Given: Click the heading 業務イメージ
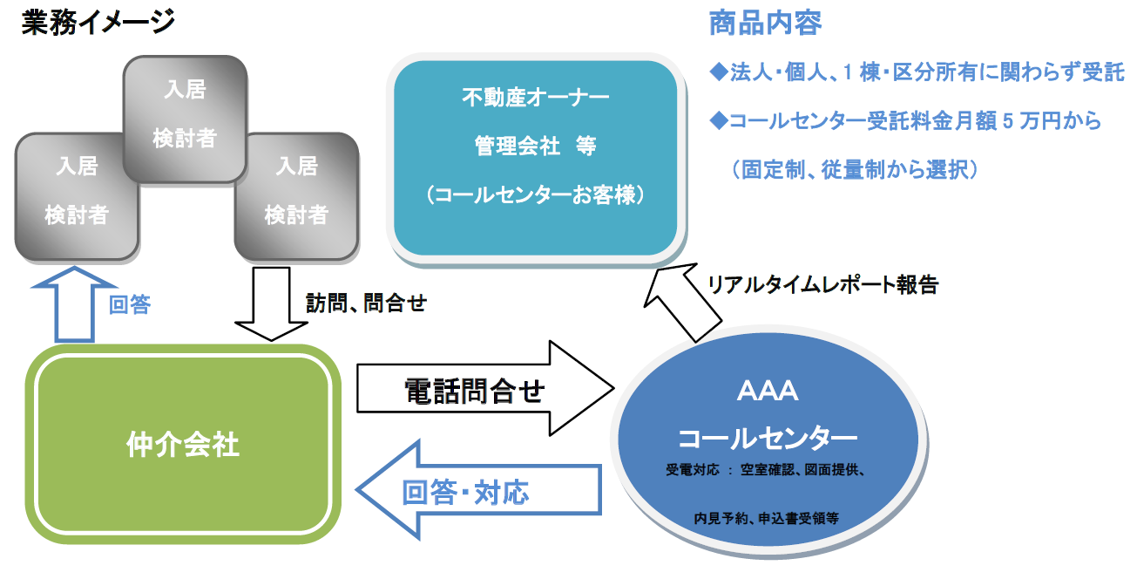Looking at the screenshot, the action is [x=98, y=23].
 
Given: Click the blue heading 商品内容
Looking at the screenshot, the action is [x=765, y=24].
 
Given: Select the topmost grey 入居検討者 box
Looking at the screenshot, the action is [x=185, y=119].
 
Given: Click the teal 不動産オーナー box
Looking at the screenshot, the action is [x=536, y=159].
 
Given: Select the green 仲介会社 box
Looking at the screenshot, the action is [x=183, y=444].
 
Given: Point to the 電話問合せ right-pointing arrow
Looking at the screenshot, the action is [x=484, y=388].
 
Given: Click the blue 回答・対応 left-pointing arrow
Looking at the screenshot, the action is [x=478, y=490].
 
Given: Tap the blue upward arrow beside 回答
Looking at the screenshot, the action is [x=74, y=304].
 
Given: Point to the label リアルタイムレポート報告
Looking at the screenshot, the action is [x=822, y=284].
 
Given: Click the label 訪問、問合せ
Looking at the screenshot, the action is [x=366, y=303].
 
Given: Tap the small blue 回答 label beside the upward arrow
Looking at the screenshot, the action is [x=130, y=304].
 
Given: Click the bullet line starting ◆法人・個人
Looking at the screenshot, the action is [x=917, y=72].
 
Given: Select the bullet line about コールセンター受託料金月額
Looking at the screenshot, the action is [x=905, y=121].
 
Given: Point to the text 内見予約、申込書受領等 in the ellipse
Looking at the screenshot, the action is [x=767, y=518].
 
